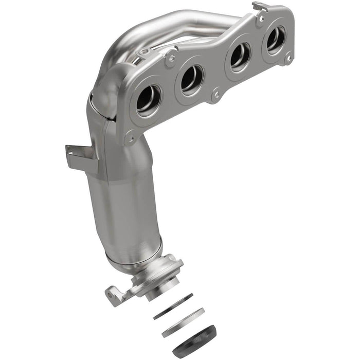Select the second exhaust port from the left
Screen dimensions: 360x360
coord(191,79)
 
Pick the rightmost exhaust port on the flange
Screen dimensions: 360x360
coord(275,39)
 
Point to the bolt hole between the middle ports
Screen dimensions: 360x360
coord(215,95)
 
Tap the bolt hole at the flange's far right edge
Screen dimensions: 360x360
coord(289,59)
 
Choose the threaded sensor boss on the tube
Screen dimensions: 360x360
coord(146,51)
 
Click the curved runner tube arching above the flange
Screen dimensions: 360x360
coord(170,26)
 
